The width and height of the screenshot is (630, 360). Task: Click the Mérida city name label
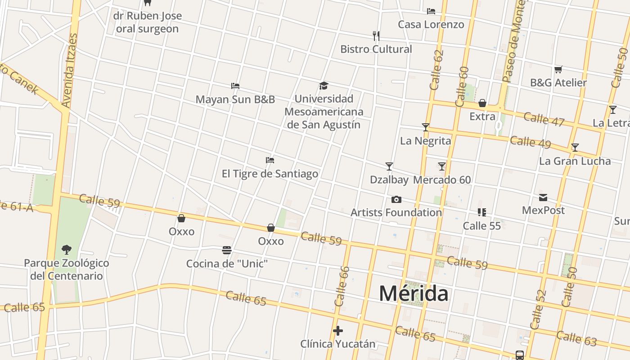point(414,293)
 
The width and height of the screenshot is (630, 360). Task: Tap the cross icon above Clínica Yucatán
point(338,331)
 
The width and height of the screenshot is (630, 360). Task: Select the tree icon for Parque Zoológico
point(67,249)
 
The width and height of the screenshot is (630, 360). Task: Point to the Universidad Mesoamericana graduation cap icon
point(324,85)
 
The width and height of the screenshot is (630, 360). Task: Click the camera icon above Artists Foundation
point(396,199)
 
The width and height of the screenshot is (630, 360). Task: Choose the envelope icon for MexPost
point(543,197)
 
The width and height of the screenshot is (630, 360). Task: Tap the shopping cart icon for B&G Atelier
point(558,69)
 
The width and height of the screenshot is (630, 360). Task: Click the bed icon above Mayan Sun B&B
point(235,86)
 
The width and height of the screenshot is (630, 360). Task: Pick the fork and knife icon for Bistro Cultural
point(376,36)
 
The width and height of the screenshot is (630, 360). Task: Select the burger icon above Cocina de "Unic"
point(227,250)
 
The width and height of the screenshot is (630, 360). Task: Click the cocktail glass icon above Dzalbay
point(389,166)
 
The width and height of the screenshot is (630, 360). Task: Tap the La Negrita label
point(425,141)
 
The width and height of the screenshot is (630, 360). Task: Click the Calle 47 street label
point(544,119)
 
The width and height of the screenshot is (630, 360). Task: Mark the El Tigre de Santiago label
point(270,174)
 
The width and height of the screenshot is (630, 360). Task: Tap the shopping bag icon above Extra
point(482,103)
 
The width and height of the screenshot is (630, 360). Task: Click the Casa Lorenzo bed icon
point(431,11)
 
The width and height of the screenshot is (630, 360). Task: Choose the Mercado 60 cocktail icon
point(442,166)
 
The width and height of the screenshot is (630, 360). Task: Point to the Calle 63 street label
point(576,338)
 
